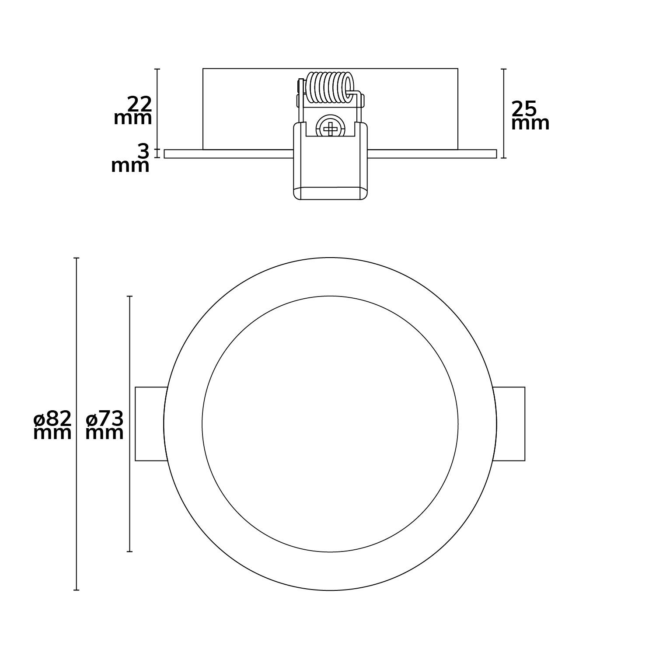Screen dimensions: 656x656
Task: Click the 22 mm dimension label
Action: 133,111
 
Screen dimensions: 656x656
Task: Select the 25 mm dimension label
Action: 530,115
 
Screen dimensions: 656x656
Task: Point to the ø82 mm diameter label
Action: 52,426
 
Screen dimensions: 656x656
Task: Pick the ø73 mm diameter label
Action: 105,426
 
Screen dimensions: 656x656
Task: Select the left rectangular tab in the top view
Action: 151,424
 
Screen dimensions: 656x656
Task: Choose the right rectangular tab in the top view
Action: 509,424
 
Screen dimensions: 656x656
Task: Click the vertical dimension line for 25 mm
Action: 504,113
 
